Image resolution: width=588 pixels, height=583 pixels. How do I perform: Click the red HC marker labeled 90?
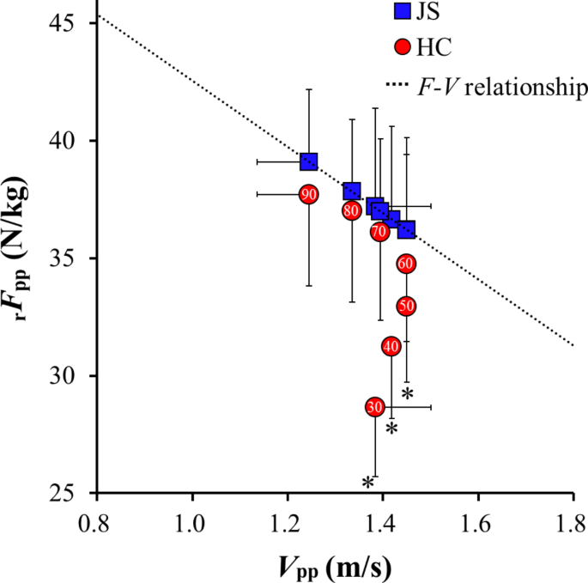tap(309, 194)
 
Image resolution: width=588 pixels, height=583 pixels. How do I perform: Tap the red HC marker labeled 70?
tap(379, 231)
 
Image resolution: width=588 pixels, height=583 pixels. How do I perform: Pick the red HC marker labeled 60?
tap(407, 263)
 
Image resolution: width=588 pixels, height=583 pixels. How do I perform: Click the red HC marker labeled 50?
tap(407, 306)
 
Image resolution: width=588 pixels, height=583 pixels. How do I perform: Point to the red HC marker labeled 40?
tap(391, 346)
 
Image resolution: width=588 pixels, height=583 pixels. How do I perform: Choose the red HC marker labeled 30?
tap(375, 407)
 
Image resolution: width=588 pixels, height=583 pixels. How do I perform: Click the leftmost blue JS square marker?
tap(309, 161)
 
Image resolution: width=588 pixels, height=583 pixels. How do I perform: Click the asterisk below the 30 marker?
tap(367, 483)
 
